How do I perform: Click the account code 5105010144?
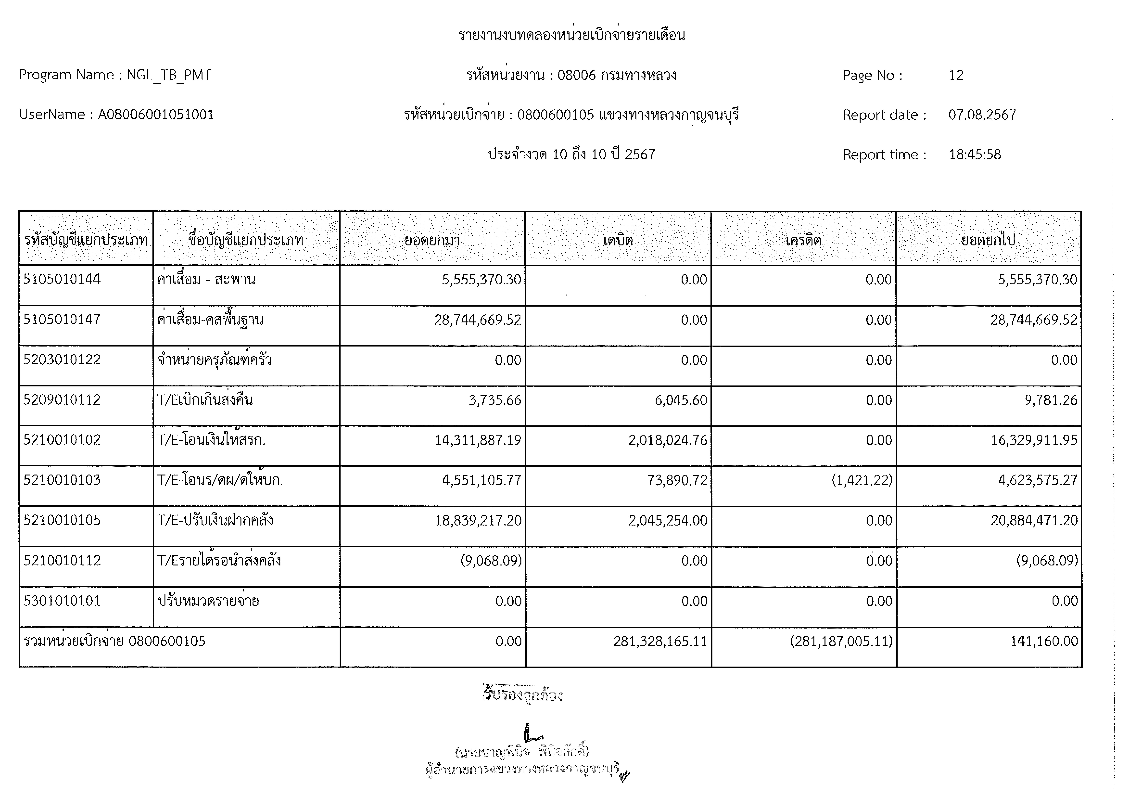[x=62, y=279]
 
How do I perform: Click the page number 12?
[x=956, y=75]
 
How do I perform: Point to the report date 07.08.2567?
[x=982, y=115]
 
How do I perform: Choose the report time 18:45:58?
[x=975, y=154]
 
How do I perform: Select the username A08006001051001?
[x=156, y=115]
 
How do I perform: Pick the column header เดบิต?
[x=618, y=240]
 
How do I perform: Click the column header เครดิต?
[x=803, y=240]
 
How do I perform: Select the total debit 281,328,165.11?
[x=660, y=641]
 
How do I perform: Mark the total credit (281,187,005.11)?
[x=841, y=641]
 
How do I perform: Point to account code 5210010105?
[x=62, y=520]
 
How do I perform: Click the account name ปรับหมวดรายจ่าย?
[x=208, y=601]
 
